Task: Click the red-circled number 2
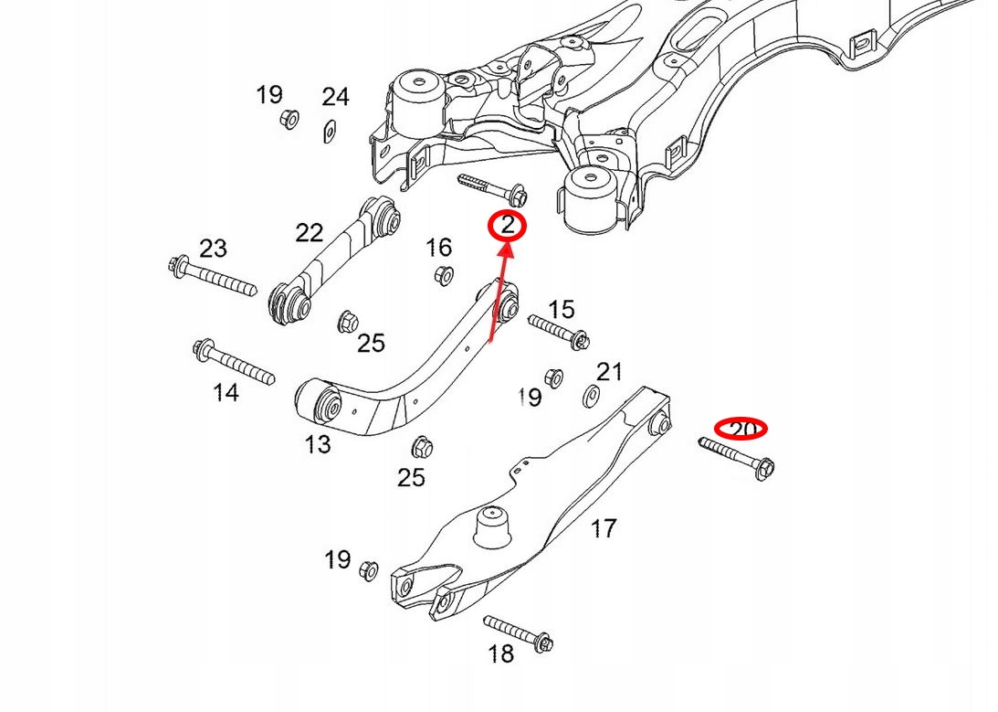[x=508, y=226]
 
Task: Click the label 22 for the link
[x=309, y=233]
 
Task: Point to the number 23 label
[x=212, y=248]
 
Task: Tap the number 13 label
[x=317, y=445]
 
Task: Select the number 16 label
[x=438, y=247]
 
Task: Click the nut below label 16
[x=445, y=274]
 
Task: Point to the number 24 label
[x=335, y=97]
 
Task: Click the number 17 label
[x=604, y=527]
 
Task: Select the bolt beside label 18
[x=517, y=632]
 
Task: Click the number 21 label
[x=609, y=372]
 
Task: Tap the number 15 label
[x=562, y=309]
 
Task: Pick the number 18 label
[x=501, y=654]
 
